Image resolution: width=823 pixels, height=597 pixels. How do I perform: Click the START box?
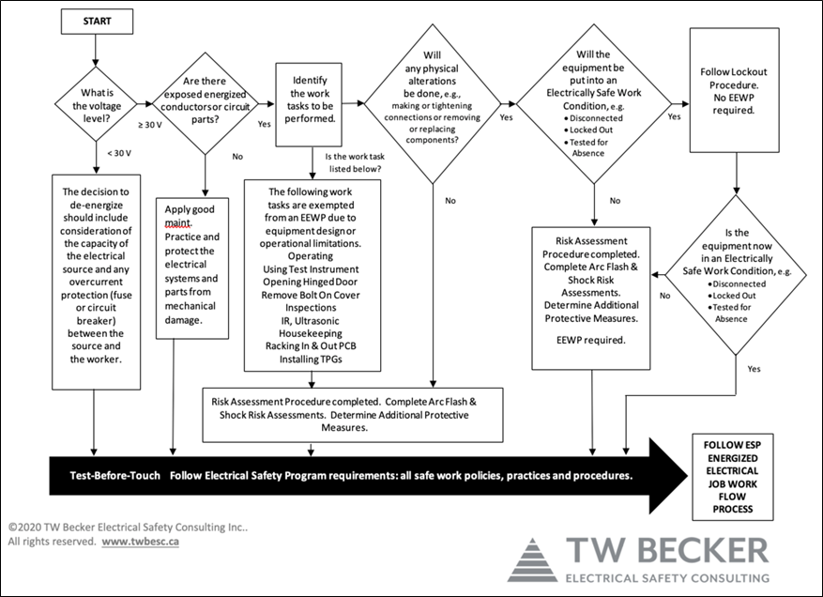coord(97,22)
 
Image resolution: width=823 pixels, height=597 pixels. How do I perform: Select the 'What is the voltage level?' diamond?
coord(96,104)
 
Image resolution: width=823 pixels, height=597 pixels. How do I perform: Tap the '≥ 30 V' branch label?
coord(150,125)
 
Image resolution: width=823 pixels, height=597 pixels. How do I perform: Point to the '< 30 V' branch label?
coord(119,153)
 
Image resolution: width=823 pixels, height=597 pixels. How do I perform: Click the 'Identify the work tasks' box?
coord(309,104)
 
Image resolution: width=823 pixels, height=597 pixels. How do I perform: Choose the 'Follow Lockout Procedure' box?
coord(734,90)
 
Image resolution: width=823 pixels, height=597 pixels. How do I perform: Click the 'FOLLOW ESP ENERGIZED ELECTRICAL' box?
coord(733,477)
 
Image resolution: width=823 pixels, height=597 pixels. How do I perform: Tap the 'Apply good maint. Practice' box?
coord(192,268)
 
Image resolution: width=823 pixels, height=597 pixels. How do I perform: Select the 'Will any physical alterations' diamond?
coord(433,103)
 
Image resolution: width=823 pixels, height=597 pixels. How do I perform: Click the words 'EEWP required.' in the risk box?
coord(591,340)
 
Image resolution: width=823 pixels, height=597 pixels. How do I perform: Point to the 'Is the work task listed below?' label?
coord(355,162)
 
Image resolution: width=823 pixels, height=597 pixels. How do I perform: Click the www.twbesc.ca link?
coord(140,542)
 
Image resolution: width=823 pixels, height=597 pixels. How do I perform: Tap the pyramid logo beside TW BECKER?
coord(532,559)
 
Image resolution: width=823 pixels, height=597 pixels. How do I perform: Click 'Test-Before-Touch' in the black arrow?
coord(114,476)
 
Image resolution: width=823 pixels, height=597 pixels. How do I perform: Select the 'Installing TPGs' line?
coord(311,360)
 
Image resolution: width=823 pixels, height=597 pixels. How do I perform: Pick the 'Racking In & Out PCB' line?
coord(311,346)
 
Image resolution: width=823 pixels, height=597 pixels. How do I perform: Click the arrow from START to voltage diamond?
coord(96,51)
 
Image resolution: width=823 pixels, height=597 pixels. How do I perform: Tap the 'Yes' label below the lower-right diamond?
coord(754,369)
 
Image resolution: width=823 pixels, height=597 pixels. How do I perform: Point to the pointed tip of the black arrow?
coord(688,476)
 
